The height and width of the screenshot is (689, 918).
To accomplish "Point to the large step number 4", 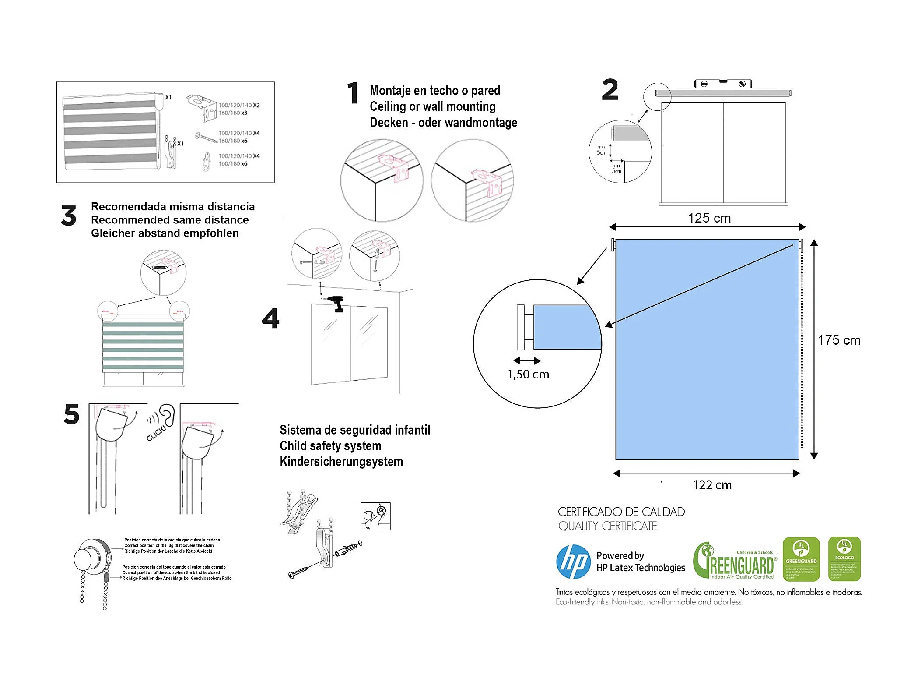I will pos(270,318).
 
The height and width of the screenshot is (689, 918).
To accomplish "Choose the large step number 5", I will pos(72,414).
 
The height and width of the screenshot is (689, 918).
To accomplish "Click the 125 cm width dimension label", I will pos(709,218).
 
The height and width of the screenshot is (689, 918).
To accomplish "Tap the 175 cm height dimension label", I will pos(839,340).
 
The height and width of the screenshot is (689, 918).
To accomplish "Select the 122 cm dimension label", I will pos(712,485).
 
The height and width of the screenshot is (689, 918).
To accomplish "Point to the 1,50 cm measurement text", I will pos(528,374).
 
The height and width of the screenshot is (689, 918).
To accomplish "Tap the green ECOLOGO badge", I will pos(844,559).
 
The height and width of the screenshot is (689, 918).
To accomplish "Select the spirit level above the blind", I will pos(723,84).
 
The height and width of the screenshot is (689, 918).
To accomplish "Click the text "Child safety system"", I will pos(330,446).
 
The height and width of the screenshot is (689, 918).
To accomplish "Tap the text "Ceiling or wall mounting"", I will pos(432,106).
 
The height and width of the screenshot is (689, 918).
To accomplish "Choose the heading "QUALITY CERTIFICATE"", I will pos(607,526).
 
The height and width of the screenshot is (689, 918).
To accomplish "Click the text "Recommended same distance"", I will pos(170,220).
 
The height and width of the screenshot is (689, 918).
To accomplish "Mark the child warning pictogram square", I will pos(375,516).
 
